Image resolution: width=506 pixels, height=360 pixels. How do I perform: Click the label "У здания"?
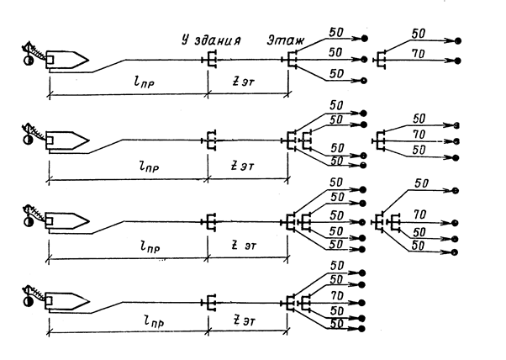[211, 40]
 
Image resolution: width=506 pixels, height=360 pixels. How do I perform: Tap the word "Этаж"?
[286, 41]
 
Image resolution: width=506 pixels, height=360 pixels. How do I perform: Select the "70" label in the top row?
[419, 54]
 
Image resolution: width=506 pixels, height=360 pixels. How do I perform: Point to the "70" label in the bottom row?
[337, 295]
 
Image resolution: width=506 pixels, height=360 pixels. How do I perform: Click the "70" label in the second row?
[419, 134]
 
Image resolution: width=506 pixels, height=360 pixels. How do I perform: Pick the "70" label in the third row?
[419, 214]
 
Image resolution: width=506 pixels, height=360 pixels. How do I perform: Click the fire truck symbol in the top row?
[67, 60]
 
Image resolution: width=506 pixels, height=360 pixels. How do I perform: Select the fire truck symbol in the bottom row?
[67, 301]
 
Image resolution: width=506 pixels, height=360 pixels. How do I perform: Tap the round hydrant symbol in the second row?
[28, 140]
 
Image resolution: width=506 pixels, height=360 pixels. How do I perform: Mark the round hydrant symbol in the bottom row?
[28, 301]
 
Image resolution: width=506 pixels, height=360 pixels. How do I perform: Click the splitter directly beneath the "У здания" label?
[209, 60]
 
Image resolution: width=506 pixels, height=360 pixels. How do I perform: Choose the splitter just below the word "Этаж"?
[289, 60]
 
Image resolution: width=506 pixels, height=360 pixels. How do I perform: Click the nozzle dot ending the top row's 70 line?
[457, 61]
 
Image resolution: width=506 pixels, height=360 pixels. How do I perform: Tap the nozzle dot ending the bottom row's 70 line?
[361, 303]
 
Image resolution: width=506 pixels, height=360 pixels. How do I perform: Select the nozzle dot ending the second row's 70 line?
[456, 141]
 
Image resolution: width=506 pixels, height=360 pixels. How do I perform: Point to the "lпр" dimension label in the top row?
[144, 82]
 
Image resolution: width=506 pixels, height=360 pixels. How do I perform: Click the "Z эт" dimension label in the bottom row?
[244, 321]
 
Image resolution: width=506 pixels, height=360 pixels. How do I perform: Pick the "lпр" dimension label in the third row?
[150, 247]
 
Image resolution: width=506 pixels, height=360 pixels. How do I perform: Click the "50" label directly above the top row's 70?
[419, 34]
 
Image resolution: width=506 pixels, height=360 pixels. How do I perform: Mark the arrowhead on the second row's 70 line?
[449, 141]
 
